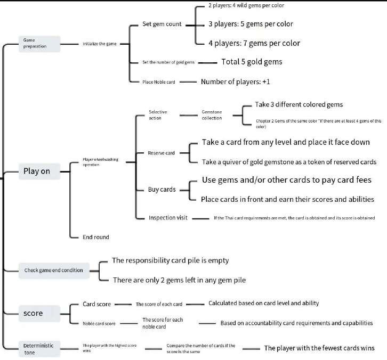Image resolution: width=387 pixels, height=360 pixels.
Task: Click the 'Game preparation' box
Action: [x=39, y=44]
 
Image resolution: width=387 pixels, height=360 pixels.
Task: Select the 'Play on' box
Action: [x=37, y=171]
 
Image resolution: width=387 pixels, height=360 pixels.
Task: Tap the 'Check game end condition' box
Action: [x=53, y=270]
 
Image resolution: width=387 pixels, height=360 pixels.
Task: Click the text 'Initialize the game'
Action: [x=100, y=44]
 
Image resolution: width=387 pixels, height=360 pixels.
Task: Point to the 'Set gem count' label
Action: [x=162, y=24]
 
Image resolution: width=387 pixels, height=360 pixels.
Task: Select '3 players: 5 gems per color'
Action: [x=251, y=24]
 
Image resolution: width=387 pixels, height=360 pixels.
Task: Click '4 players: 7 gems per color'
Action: [x=254, y=43]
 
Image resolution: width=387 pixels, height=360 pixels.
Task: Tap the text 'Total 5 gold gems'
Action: [x=252, y=62]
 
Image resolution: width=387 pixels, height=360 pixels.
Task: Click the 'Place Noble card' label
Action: [x=158, y=82]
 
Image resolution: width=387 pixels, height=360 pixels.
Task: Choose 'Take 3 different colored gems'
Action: [x=299, y=104]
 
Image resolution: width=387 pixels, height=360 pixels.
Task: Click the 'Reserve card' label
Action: [x=161, y=153]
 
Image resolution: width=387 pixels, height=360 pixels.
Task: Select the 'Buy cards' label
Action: [x=162, y=189]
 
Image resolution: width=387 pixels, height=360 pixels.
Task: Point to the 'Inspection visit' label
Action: [x=170, y=218]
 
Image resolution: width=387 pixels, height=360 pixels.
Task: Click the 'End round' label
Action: [x=96, y=237]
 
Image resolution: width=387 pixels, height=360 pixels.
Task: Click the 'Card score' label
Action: [x=96, y=304]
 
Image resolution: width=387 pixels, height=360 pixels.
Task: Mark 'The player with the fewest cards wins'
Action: [x=319, y=348]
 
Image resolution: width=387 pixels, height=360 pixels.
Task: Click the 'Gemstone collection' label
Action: [x=212, y=114]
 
